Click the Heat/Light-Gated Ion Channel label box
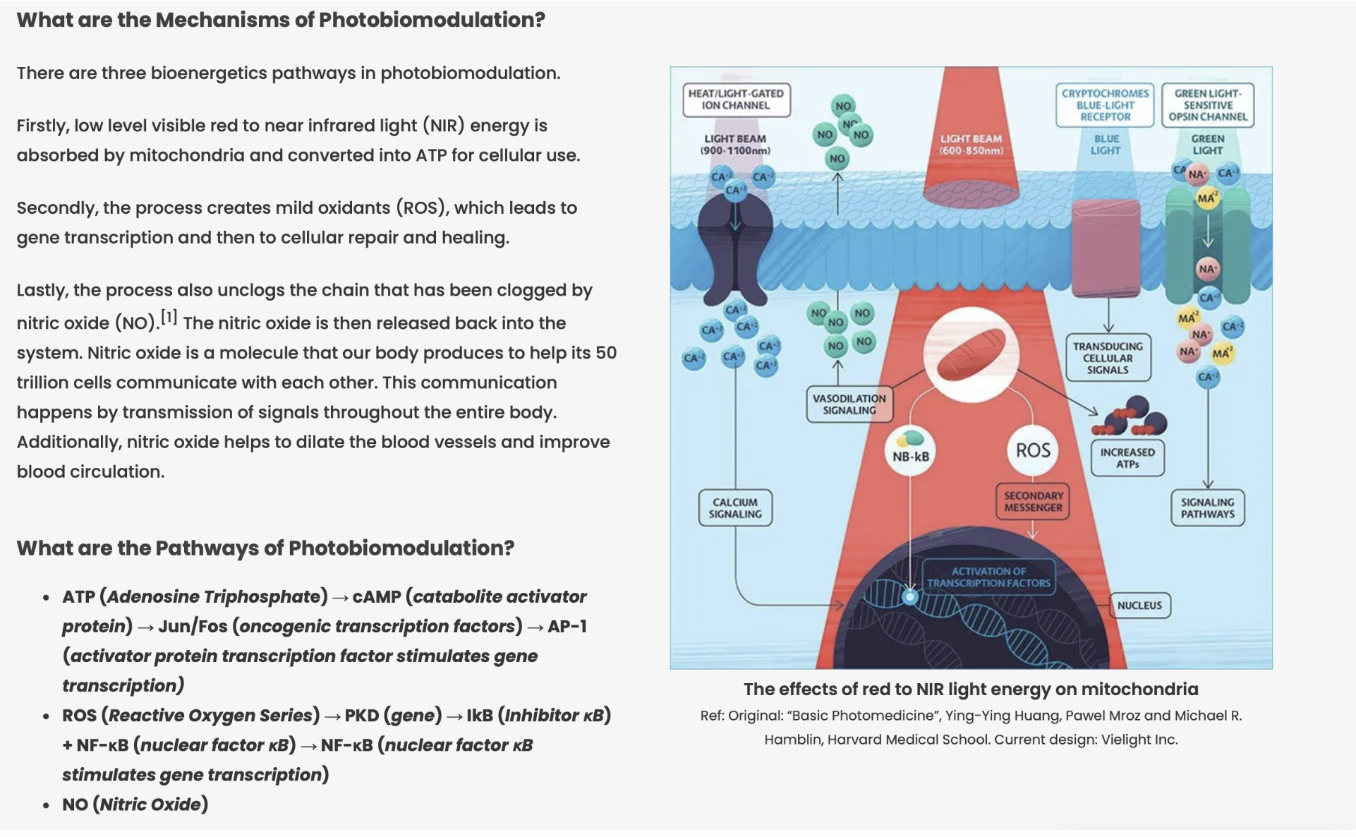click(x=736, y=100)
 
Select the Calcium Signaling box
click(x=735, y=508)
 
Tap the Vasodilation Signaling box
click(x=849, y=404)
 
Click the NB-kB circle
click(x=911, y=452)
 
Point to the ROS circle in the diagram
click(x=1033, y=450)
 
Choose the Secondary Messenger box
click(x=1033, y=502)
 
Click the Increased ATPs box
click(x=1127, y=458)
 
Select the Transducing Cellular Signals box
click(x=1108, y=358)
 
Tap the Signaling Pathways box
click(x=1207, y=508)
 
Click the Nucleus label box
click(x=1139, y=606)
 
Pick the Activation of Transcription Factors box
click(x=988, y=577)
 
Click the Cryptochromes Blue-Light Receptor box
click(x=1105, y=105)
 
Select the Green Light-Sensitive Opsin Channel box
click(x=1207, y=105)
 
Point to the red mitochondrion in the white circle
click(x=971, y=353)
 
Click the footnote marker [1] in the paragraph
click(x=169, y=317)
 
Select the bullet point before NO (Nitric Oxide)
click(x=46, y=805)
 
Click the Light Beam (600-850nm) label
click(x=971, y=145)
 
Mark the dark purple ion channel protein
click(x=735, y=247)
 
